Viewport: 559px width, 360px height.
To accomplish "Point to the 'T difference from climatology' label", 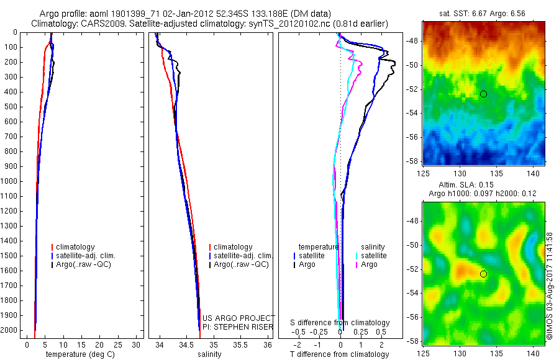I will coord(339,354).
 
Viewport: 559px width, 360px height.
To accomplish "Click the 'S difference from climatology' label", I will coord(340,323).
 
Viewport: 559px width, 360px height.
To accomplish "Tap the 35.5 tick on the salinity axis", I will coord(240,344).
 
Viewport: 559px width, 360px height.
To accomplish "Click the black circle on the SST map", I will coord(483,94).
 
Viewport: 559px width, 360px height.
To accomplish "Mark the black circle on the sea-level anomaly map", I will coord(483,274).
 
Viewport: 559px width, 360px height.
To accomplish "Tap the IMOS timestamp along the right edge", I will coord(550,286).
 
